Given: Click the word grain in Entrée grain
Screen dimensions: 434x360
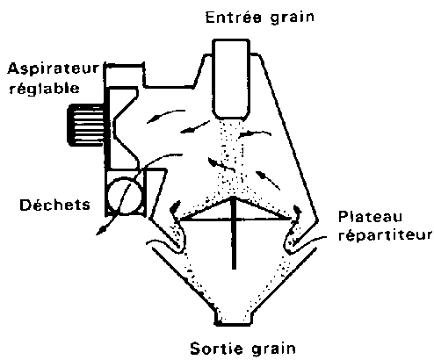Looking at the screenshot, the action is (x=292, y=18).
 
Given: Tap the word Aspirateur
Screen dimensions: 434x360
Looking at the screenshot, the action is (x=54, y=68).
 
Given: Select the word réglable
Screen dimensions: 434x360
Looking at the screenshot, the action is (x=44, y=88).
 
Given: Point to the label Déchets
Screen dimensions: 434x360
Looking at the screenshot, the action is (x=54, y=205).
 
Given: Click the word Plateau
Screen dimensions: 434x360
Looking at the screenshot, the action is (x=370, y=217).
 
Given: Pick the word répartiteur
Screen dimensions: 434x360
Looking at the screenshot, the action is (x=386, y=235).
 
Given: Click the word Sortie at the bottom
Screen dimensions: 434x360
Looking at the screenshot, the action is (x=216, y=349).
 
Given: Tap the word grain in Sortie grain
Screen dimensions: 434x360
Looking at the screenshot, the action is (x=273, y=349).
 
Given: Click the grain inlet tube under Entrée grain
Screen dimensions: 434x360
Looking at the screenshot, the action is (x=231, y=79).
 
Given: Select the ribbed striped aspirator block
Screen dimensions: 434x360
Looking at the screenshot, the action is (x=85, y=126).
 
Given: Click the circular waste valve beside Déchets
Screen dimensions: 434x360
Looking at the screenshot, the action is (x=125, y=196).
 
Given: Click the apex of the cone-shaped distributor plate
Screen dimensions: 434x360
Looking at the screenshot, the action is (x=234, y=198).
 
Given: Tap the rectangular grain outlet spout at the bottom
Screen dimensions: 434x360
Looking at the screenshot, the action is (x=233, y=318).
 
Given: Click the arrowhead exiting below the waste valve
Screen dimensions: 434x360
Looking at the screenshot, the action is (x=101, y=231).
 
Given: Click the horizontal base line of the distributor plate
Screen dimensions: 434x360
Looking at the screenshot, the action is (x=235, y=219).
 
